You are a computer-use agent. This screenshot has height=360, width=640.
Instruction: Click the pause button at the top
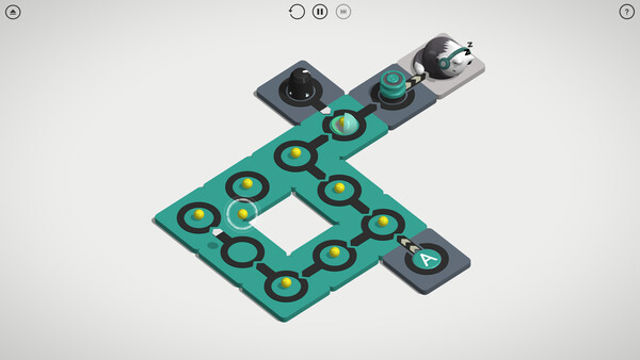pyautogui.click(x=320, y=12)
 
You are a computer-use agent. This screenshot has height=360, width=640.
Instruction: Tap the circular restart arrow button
pyautogui.click(x=296, y=12)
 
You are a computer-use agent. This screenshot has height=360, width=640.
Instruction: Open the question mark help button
pyautogui.click(x=627, y=12)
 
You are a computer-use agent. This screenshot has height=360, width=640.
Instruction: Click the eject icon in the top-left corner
pyautogui.click(x=13, y=12)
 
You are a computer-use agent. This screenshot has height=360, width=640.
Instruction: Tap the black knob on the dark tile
pyautogui.click(x=299, y=84)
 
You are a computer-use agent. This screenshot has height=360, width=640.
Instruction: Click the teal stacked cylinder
pyautogui.click(x=390, y=87)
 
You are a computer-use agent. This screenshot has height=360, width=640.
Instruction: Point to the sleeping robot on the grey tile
pyautogui.click(x=443, y=58)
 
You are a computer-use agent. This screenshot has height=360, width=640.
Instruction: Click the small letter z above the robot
pyautogui.click(x=469, y=44)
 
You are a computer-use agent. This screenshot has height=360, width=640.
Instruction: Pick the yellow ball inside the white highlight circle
pyautogui.click(x=243, y=213)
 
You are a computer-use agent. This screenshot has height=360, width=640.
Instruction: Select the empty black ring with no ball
pyautogui.click(x=241, y=251)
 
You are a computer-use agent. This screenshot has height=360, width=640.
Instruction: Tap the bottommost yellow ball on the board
pyautogui.click(x=286, y=283)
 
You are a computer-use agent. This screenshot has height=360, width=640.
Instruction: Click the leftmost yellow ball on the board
pyautogui.click(x=199, y=214)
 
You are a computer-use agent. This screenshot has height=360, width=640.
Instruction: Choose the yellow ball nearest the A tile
pyautogui.click(x=382, y=220)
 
